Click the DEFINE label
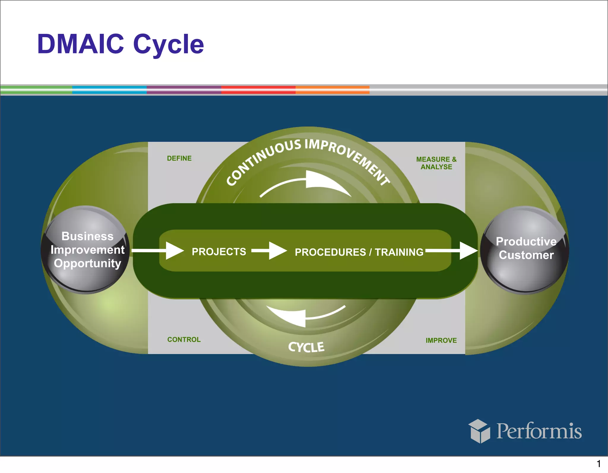pos(179,158)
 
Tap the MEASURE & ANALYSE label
pos(436,163)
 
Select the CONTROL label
pos(184,339)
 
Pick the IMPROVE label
pos(441,340)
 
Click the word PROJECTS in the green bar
pos(219,251)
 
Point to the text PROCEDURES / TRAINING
pos(359,252)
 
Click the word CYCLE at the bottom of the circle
pos(306,347)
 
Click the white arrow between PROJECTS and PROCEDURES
pos(270,251)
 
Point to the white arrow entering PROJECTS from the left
pos(160,251)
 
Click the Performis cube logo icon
pos(479,431)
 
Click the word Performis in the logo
pos(539,431)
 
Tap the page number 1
pos(598,463)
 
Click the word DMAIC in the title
pos(80,44)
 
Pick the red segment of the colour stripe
pos(258,90)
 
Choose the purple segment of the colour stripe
pos(184,90)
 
